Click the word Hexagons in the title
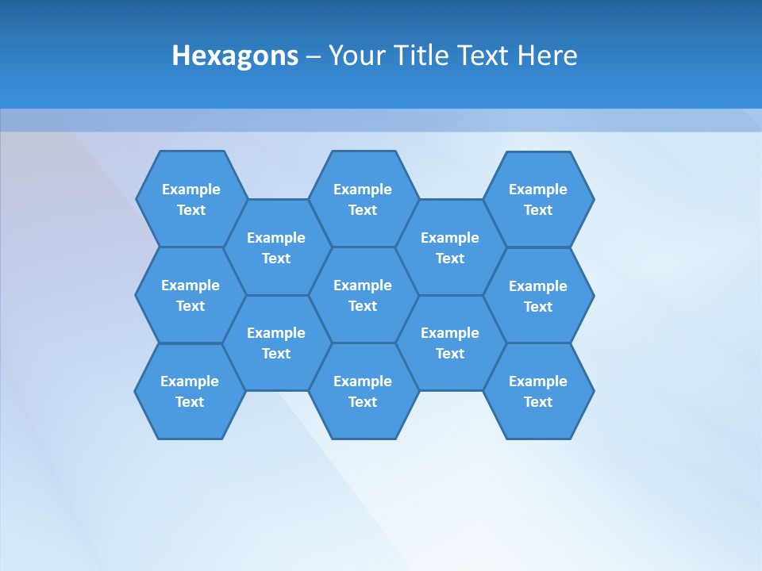click(x=235, y=56)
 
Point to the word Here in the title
click(x=547, y=56)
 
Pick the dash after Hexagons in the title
click(x=314, y=56)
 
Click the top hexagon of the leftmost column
click(x=191, y=199)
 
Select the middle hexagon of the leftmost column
click(x=190, y=295)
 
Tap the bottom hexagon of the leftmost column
click(x=190, y=391)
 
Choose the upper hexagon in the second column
click(x=276, y=247)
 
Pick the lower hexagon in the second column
click(x=276, y=343)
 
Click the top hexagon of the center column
click(x=363, y=199)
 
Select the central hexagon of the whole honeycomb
click(x=363, y=295)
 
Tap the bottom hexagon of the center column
click(x=363, y=391)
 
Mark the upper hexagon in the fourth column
click(x=450, y=247)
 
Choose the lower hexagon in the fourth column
click(x=450, y=343)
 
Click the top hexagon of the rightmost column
click(x=538, y=199)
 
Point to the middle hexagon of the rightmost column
click(x=538, y=296)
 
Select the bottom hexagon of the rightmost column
click(x=538, y=391)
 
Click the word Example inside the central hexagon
click(x=363, y=285)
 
